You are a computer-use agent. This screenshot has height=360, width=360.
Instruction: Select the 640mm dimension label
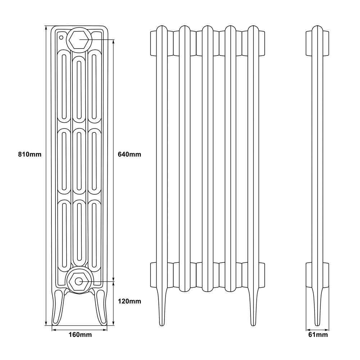[130, 155]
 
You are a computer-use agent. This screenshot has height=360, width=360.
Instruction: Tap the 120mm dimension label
[130, 301]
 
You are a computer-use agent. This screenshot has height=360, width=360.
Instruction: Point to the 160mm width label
[80, 335]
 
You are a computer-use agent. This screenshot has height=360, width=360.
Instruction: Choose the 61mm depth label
[318, 335]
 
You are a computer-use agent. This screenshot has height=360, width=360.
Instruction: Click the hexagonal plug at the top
[79, 39]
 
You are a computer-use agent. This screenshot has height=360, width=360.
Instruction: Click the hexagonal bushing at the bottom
[79, 281]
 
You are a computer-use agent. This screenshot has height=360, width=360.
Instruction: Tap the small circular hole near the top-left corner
[61, 37]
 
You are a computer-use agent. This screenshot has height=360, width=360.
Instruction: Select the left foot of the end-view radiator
[59, 308]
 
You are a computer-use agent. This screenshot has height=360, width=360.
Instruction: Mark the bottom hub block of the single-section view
[317, 275]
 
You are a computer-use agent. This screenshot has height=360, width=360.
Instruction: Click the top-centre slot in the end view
[79, 88]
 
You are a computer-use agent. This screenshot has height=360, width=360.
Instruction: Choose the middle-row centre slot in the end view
[79, 160]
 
